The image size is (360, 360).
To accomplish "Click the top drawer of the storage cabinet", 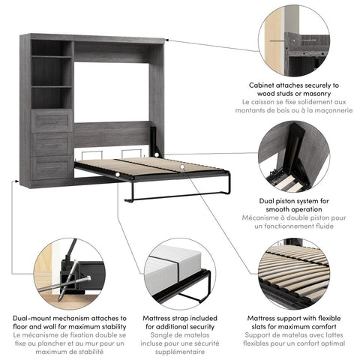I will point(52,120).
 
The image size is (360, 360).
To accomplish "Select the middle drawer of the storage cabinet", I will point(52,143).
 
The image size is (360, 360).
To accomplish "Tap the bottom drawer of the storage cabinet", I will point(52,166).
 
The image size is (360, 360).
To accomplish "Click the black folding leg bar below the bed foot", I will point(176,199).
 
